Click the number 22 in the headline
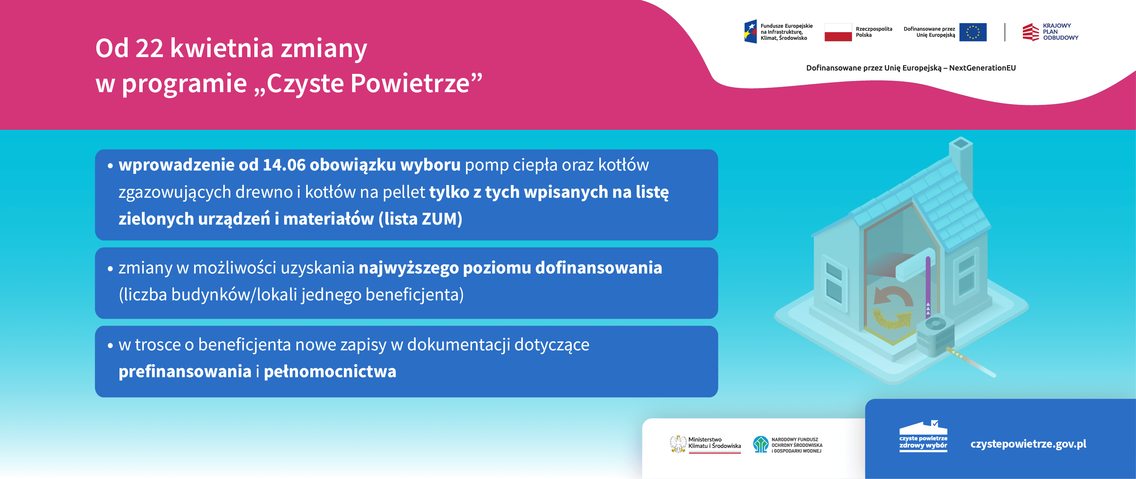[149, 48]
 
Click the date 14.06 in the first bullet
[284, 165]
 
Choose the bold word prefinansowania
[185, 372]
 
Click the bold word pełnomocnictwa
[330, 372]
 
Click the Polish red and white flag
[838, 32]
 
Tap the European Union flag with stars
[972, 32]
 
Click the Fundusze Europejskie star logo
[751, 32]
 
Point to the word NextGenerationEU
[982, 68]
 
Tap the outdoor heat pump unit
[936, 338]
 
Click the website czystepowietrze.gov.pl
[1028, 444]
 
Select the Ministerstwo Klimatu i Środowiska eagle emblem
[678, 444]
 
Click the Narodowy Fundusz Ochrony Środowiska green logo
[761, 444]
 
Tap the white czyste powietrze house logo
[923, 435]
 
